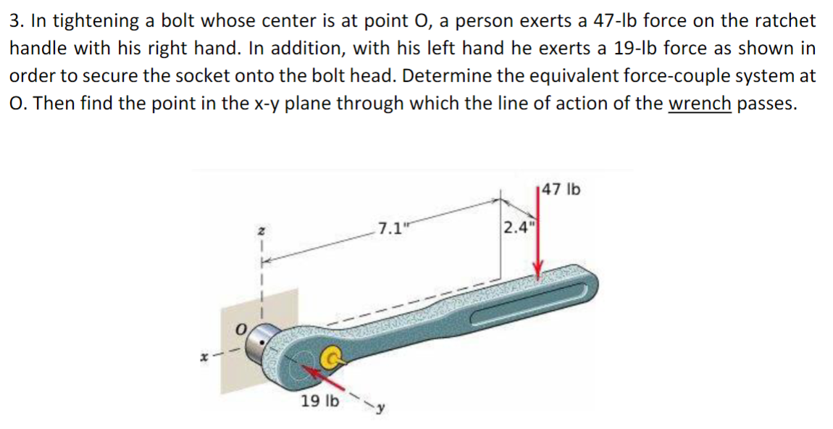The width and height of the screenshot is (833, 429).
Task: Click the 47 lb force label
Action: pyautogui.click(x=560, y=191)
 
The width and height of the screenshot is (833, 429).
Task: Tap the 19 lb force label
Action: pyautogui.click(x=319, y=401)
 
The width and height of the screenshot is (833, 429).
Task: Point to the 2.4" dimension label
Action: pyautogui.click(x=517, y=227)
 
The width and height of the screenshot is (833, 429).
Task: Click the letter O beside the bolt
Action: pyautogui.click(x=241, y=330)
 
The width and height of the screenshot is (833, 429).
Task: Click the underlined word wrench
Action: pyautogui.click(x=699, y=104)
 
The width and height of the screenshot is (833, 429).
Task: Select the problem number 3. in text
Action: pyautogui.click(x=16, y=21)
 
